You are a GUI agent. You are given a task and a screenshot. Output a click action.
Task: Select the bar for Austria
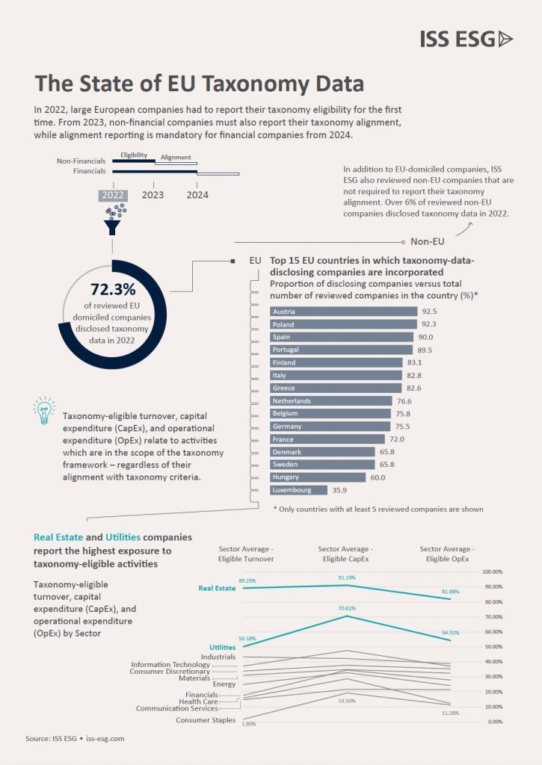pos(343,311)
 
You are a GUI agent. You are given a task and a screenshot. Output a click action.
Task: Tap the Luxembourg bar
pos(298,490)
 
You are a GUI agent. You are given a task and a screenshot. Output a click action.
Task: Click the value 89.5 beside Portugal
pos(425,350)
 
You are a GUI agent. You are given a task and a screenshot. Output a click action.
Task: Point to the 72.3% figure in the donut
pos(113,289)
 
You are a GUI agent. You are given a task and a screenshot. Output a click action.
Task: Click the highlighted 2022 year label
pos(113,196)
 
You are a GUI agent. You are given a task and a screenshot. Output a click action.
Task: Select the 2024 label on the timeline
pos(197,196)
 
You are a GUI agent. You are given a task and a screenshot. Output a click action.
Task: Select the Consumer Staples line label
pos(206,720)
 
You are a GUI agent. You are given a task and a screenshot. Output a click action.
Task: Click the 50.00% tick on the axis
pos(493,647)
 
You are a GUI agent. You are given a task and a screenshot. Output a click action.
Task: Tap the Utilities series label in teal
pos(223,647)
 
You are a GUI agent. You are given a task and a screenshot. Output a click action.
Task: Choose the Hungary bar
pos(317,477)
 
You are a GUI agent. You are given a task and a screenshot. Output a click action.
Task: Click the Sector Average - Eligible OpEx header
pos(447,554)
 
